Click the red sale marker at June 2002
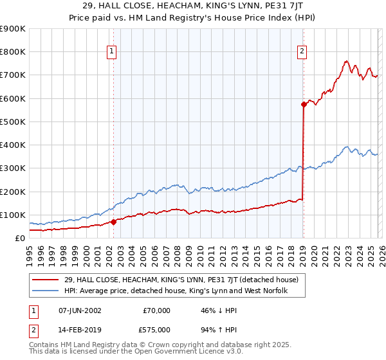114,222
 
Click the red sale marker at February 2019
303,104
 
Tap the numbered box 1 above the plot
112,51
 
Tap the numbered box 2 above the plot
302,51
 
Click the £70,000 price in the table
156,310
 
